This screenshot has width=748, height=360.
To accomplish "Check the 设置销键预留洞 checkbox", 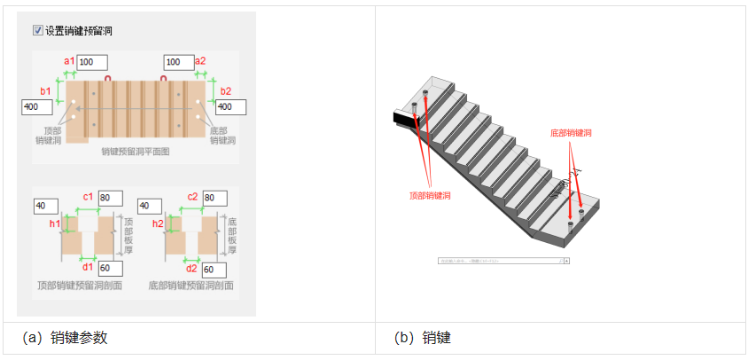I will click(x=38, y=30).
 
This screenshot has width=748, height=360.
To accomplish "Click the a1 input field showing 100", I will click(x=92, y=62).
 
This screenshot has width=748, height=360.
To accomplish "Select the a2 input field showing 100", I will click(x=178, y=62).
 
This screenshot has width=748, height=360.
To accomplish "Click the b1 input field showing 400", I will click(x=36, y=106).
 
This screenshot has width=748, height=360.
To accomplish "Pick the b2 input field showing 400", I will click(x=230, y=106).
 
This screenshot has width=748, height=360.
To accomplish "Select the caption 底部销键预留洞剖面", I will click(x=191, y=286).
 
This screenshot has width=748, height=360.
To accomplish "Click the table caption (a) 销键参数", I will click(x=70, y=338).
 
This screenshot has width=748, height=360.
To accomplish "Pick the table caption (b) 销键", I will click(x=423, y=338).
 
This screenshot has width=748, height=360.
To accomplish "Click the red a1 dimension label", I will click(x=69, y=60).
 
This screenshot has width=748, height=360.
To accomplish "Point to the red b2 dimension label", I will click(x=225, y=90).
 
